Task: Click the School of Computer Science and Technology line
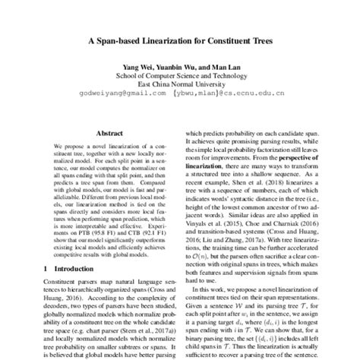pyautogui.click(x=178, y=76)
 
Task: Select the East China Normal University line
pyautogui.click(x=178, y=85)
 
